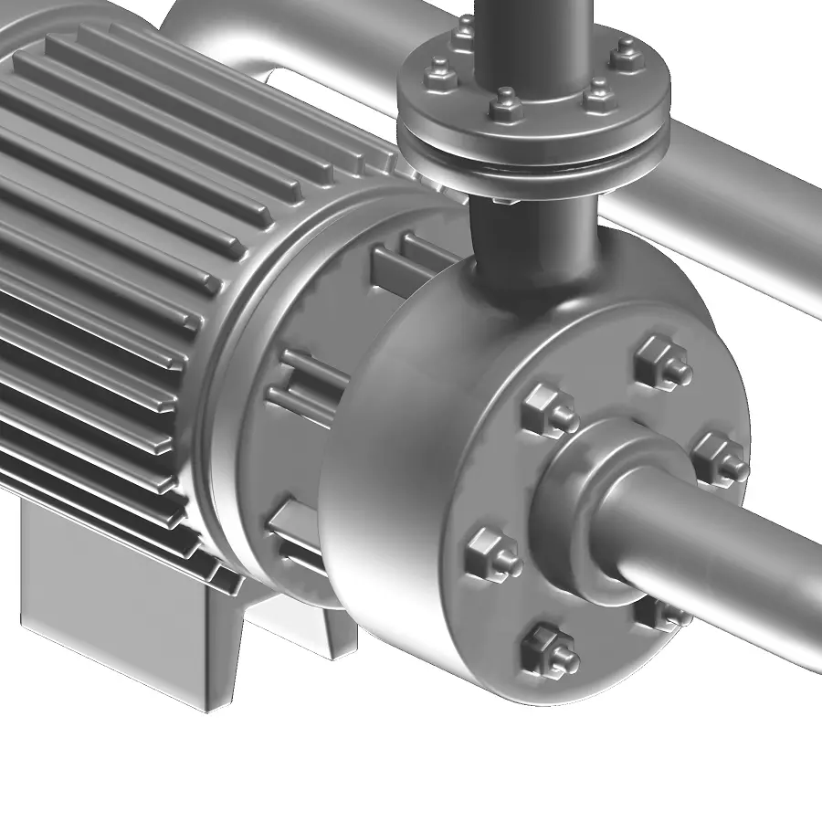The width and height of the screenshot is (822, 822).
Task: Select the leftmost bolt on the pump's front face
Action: click(x=493, y=553)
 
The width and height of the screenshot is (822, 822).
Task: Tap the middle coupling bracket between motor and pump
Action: click(x=306, y=384)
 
